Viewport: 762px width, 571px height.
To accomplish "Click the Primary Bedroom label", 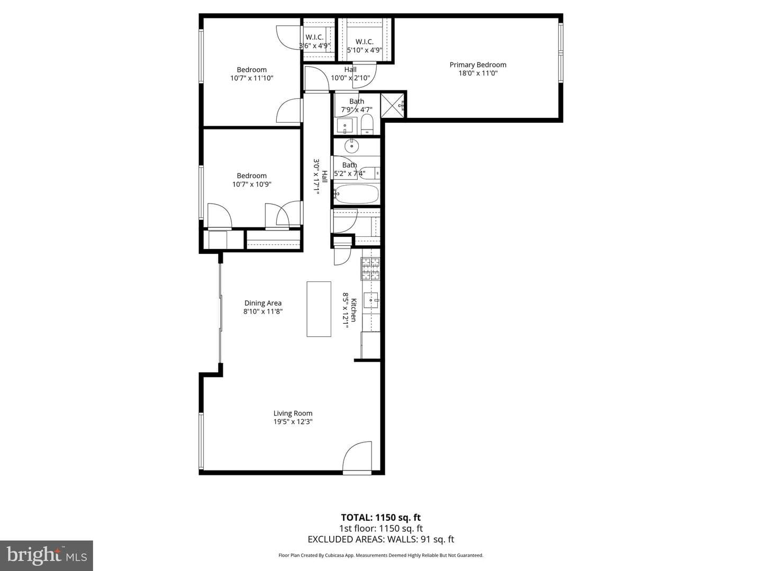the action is point(478,65).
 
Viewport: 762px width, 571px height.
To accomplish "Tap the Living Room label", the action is point(293,413).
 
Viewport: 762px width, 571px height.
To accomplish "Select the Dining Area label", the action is point(263,303).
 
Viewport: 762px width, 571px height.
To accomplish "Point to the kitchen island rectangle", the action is point(319,309).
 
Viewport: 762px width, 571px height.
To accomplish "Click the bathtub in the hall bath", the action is point(356,194).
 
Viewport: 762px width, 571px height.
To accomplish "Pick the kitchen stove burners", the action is point(370,269).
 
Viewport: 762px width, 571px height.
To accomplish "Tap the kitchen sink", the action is point(371,300).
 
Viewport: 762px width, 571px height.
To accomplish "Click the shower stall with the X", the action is point(392,105).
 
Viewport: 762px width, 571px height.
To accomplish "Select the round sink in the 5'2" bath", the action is point(352,146).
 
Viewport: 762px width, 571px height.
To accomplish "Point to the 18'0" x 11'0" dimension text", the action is point(478,73).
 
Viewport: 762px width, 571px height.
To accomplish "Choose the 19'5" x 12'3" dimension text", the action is point(293,421).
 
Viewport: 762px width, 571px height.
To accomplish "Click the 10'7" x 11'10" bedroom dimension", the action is point(252,78).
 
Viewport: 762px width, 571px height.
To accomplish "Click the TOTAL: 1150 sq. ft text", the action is point(381,518).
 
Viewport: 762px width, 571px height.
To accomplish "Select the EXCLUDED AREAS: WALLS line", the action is point(381,539).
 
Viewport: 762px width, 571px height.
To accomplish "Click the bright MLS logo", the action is point(47,555).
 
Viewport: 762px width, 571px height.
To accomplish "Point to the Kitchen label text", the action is point(353,310).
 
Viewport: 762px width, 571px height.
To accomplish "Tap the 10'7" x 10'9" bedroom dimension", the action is point(252,184).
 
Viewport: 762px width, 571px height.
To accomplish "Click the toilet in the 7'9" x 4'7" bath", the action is point(367,124).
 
